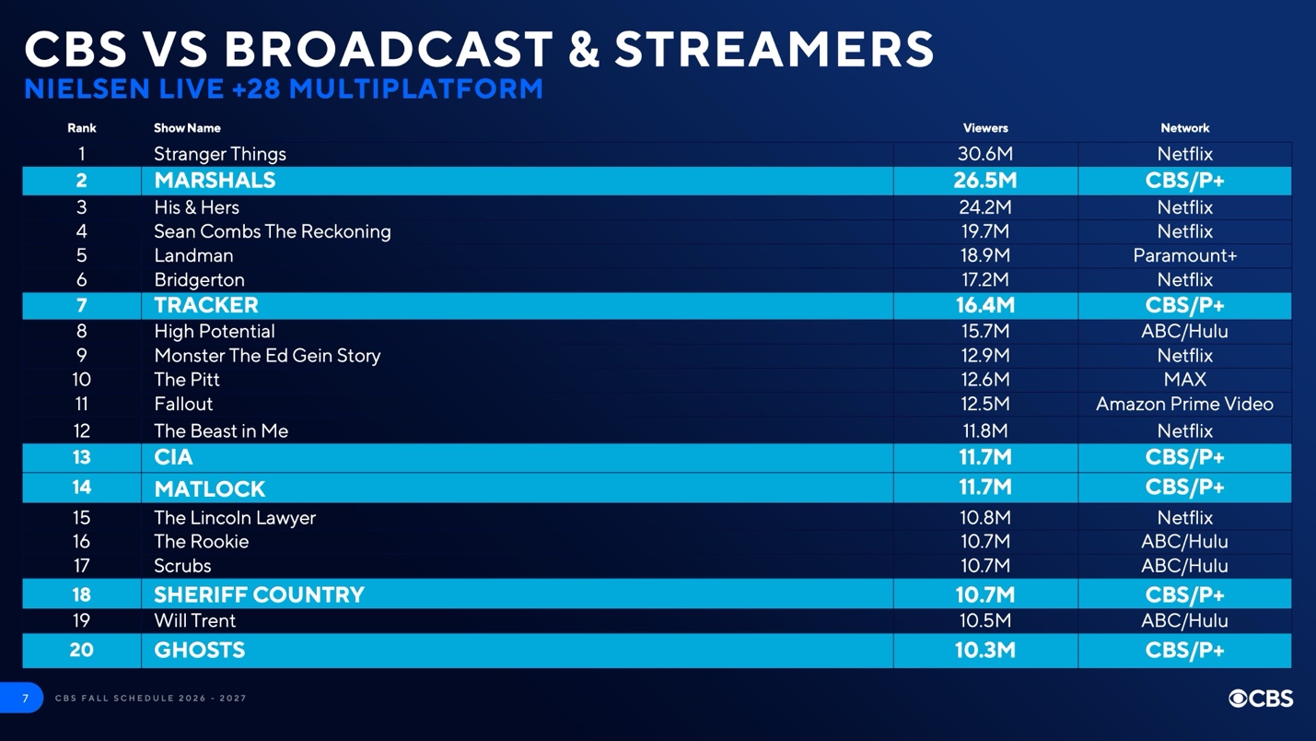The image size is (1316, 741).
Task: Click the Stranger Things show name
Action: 219,154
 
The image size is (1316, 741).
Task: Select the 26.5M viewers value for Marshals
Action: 984,181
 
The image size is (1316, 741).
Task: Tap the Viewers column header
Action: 984,128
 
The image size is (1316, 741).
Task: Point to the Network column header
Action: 1184,128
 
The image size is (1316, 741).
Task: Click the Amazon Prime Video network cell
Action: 1184,404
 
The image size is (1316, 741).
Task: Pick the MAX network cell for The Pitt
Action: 1184,380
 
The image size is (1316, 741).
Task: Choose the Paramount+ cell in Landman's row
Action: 1184,255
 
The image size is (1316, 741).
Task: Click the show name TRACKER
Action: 206,305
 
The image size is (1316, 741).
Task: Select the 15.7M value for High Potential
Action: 984,331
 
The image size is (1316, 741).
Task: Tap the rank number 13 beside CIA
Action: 81,457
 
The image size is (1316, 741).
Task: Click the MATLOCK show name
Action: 209,488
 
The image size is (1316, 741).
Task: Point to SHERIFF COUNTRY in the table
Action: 259,594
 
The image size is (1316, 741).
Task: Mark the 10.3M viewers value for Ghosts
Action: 984,650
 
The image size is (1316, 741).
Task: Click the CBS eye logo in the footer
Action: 1240,699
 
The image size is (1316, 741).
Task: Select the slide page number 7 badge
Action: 25,699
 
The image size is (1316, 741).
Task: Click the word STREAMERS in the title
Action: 774,49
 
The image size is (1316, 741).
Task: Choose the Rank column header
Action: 81,128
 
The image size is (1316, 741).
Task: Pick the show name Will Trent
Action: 194,621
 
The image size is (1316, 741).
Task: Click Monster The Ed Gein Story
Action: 267,356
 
